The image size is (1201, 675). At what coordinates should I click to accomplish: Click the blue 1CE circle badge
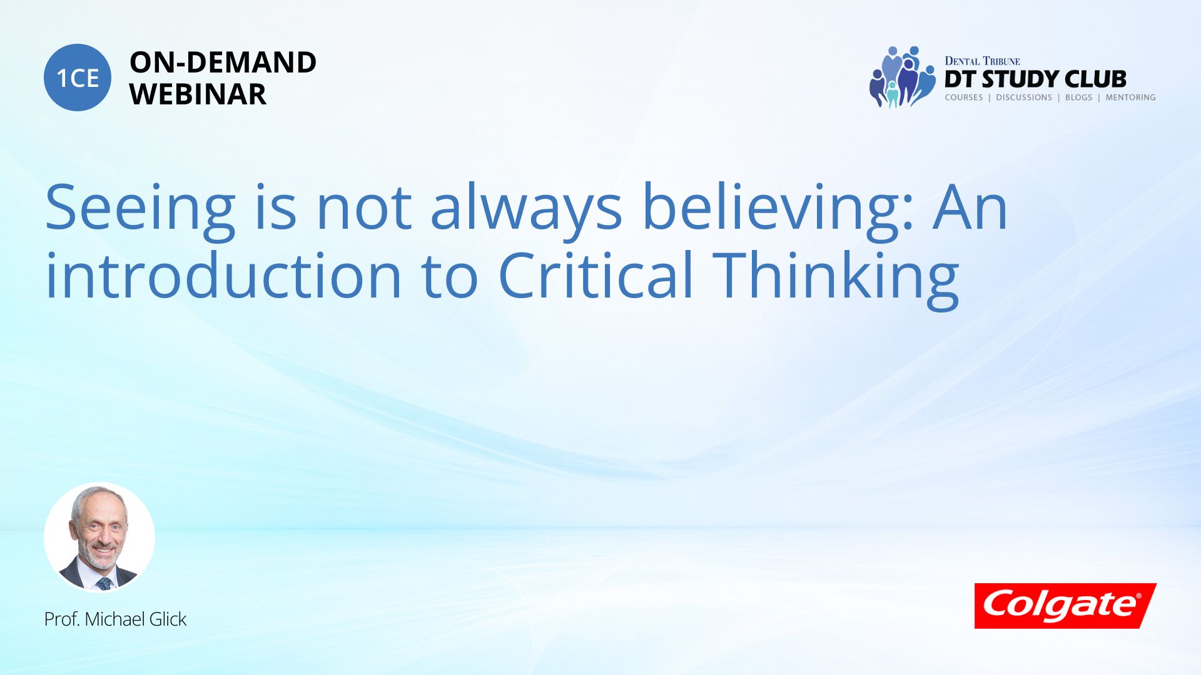pyautogui.click(x=78, y=77)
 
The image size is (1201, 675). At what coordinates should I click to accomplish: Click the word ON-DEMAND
pyautogui.click(x=223, y=62)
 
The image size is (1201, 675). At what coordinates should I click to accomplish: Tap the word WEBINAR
pyautogui.click(x=198, y=94)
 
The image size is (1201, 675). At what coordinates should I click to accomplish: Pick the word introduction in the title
pyautogui.click(x=223, y=276)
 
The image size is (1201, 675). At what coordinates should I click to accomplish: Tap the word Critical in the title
pyautogui.click(x=595, y=276)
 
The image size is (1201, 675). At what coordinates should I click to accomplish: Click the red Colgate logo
pyautogui.click(x=1065, y=606)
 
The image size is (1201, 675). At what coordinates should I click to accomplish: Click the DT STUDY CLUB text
pyautogui.click(x=1035, y=79)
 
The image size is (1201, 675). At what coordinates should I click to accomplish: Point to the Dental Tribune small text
pyautogui.click(x=982, y=61)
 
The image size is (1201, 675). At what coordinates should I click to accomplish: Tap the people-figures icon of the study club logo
pyautogui.click(x=901, y=77)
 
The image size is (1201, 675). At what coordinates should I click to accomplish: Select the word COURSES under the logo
pyautogui.click(x=964, y=97)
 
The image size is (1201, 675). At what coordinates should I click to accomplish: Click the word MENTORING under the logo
pyautogui.click(x=1130, y=97)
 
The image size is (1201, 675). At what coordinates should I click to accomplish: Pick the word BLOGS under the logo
pyautogui.click(x=1078, y=97)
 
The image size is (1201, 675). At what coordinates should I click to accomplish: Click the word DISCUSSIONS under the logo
pyautogui.click(x=1024, y=97)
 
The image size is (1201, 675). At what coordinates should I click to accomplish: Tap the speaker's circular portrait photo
pyautogui.click(x=99, y=537)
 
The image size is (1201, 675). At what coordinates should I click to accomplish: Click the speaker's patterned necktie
pyautogui.click(x=104, y=584)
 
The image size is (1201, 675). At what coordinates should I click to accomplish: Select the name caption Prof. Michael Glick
pyautogui.click(x=115, y=619)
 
